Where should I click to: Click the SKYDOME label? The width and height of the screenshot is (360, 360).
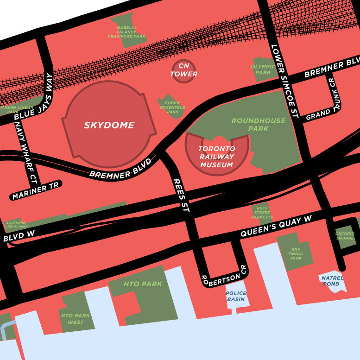pyautogui.click(x=109, y=125)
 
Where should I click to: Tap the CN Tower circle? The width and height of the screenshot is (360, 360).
pyautogui.click(x=183, y=70)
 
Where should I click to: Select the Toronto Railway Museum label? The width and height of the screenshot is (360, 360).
pyautogui.click(x=216, y=157)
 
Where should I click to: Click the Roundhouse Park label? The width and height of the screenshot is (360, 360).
pyautogui.click(x=259, y=124)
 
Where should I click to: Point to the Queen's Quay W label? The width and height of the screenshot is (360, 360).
pyautogui.click(x=276, y=227)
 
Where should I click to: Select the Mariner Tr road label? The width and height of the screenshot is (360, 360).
pyautogui.click(x=36, y=190)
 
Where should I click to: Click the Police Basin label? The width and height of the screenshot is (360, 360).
pyautogui.click(x=236, y=296)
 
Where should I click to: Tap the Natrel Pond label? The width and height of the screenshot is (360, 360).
pyautogui.click(x=332, y=281)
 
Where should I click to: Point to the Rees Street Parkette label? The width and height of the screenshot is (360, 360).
pyautogui.click(x=262, y=213)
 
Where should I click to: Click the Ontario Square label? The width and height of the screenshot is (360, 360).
pyautogui.click(x=345, y=235)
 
